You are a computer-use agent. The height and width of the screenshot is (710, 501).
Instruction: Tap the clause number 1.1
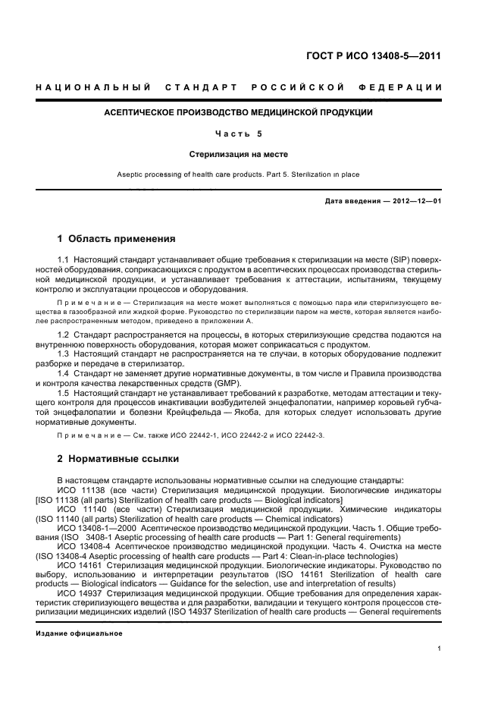tap(64, 260)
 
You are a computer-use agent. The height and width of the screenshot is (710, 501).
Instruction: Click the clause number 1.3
tap(64, 353)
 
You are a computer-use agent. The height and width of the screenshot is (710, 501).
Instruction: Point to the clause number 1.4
tap(64, 373)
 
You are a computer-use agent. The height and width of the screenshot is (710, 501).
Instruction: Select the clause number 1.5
tap(64, 394)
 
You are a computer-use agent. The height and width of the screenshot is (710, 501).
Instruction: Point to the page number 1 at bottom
tap(440, 649)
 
